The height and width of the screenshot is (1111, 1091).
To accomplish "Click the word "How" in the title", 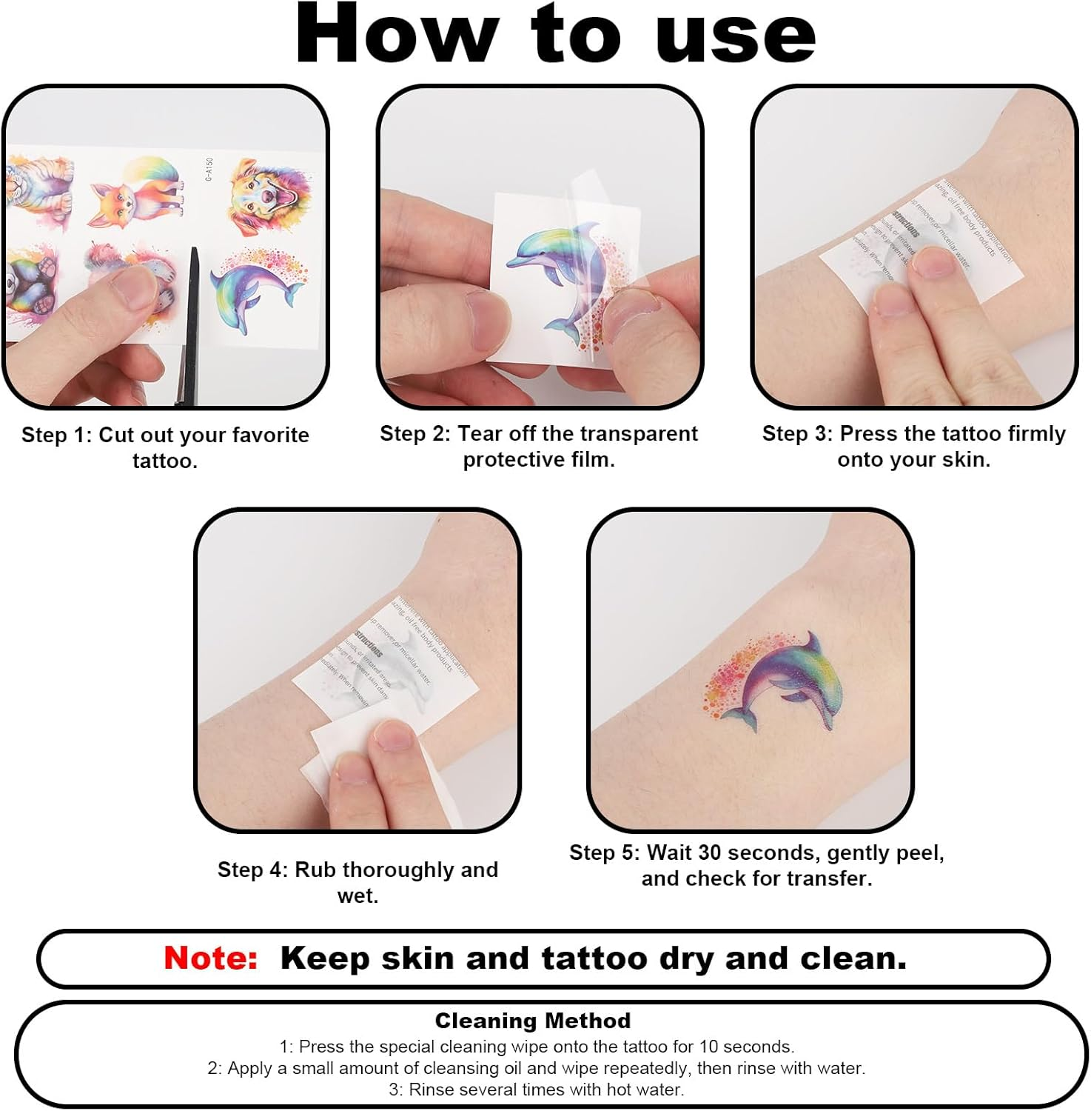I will (x=396, y=34).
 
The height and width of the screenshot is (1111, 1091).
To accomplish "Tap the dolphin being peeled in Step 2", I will (x=563, y=274).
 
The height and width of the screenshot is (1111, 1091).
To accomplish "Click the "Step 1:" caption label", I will (x=56, y=435).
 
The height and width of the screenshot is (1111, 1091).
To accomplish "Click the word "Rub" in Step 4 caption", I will (x=316, y=870).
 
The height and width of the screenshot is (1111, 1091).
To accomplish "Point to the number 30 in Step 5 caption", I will (x=709, y=853).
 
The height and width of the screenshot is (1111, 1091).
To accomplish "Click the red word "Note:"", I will (x=211, y=958).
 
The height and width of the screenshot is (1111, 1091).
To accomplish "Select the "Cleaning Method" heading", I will (x=532, y=1021).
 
